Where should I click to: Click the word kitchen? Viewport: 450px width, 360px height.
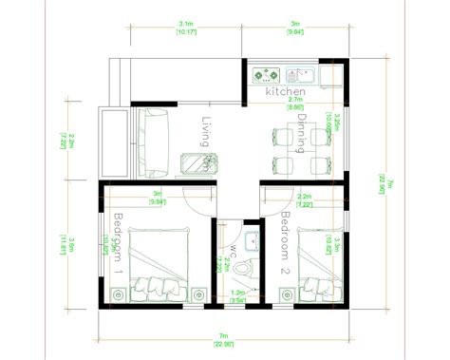click(285, 91)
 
